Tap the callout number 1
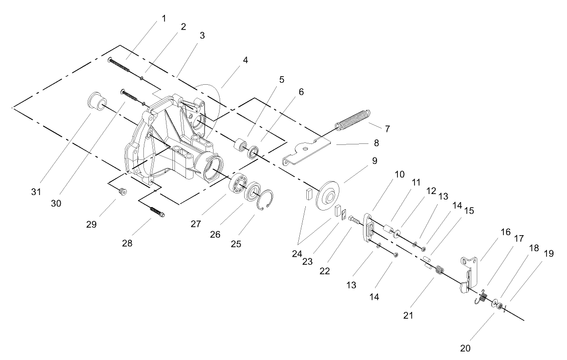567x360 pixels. tap(164, 19)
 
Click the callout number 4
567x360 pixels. tap(245, 60)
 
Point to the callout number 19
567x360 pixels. tap(549, 254)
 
